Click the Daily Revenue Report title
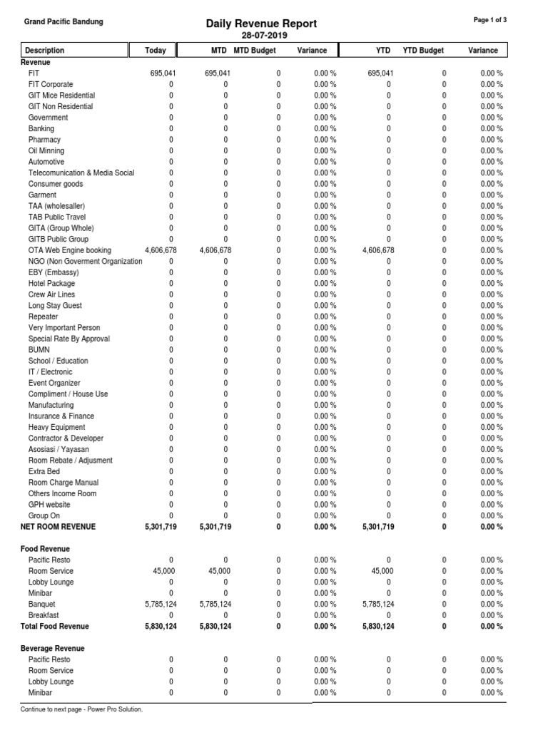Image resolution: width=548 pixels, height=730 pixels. click(x=261, y=24)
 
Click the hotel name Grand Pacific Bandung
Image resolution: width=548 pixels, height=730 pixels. click(x=64, y=21)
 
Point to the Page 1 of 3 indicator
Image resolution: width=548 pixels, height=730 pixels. click(x=490, y=20)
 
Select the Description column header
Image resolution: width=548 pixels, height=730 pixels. click(x=44, y=51)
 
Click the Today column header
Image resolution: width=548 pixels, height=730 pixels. click(x=156, y=51)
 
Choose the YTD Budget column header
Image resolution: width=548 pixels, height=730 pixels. click(x=423, y=51)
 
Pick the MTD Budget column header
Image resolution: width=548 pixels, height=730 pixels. click(x=255, y=51)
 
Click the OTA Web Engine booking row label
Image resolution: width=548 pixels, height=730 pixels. click(x=70, y=250)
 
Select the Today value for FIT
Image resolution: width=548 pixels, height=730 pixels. click(x=163, y=73)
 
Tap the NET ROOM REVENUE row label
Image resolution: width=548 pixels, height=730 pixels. click(x=62, y=527)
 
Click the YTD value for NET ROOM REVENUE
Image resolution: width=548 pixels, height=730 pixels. click(x=378, y=527)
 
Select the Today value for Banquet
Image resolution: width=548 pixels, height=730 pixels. click(x=161, y=604)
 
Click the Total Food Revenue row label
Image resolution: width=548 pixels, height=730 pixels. click(x=59, y=626)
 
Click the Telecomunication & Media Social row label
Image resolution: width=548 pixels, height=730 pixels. click(x=81, y=173)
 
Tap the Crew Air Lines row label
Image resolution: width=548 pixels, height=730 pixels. click(x=51, y=294)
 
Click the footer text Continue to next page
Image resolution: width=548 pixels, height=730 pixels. click(x=82, y=709)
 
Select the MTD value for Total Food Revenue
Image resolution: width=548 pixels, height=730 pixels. click(x=215, y=626)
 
